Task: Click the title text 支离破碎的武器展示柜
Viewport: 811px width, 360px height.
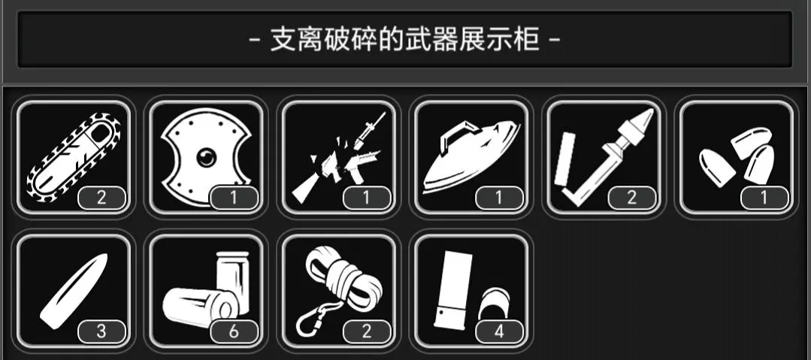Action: [405, 39]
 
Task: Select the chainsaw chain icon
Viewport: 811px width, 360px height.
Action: [74, 156]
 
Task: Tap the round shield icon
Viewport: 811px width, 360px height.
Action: [206, 156]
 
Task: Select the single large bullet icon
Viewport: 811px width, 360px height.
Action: [74, 290]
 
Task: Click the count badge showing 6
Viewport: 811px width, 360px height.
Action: [234, 331]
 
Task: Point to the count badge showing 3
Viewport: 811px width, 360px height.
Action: [101, 331]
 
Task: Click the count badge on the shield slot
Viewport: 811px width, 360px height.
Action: [234, 198]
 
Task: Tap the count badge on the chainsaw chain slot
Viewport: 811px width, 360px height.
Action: [101, 198]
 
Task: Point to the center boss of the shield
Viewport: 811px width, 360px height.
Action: [205, 158]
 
